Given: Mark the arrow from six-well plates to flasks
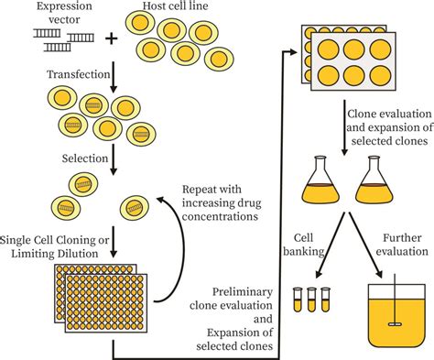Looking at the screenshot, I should [x=343, y=128].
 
